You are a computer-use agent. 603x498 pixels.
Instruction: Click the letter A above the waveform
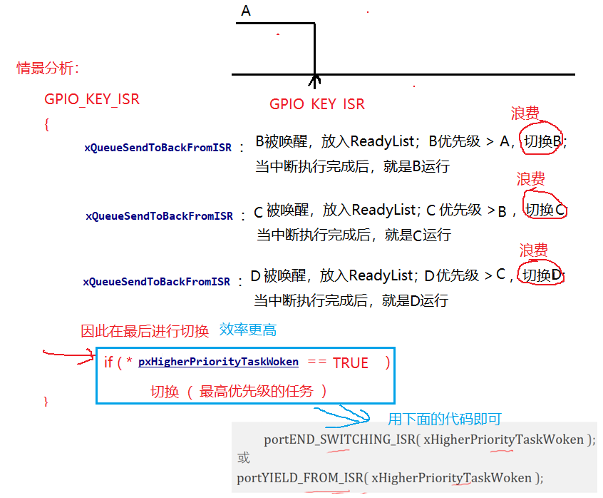coord(246,11)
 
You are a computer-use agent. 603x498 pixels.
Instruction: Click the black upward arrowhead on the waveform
coord(314,76)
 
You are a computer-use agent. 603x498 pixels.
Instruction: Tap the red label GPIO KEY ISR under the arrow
coord(316,104)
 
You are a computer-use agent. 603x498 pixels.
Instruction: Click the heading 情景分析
coord(48,68)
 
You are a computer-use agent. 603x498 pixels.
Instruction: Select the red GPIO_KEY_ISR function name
coord(92,99)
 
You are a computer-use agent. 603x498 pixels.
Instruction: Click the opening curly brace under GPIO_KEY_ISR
coord(47,123)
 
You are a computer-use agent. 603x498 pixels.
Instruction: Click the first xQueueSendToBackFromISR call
coord(158,148)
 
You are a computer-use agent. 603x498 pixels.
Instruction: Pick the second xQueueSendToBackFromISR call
coord(159,215)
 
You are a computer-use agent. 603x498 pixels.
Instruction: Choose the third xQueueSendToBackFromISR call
coord(157,282)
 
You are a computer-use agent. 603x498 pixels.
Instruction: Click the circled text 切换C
coord(545,210)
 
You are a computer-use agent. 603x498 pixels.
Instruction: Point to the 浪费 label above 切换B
coord(525,114)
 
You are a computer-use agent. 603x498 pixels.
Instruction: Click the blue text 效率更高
coord(248,330)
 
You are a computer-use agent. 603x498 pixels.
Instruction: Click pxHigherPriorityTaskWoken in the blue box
coord(218,362)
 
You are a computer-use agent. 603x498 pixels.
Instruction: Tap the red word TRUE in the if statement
coord(351,362)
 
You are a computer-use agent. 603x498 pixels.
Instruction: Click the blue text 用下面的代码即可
coord(445,419)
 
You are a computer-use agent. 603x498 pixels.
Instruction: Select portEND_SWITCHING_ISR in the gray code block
coord(340,439)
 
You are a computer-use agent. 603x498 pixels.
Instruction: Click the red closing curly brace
coord(46,402)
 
